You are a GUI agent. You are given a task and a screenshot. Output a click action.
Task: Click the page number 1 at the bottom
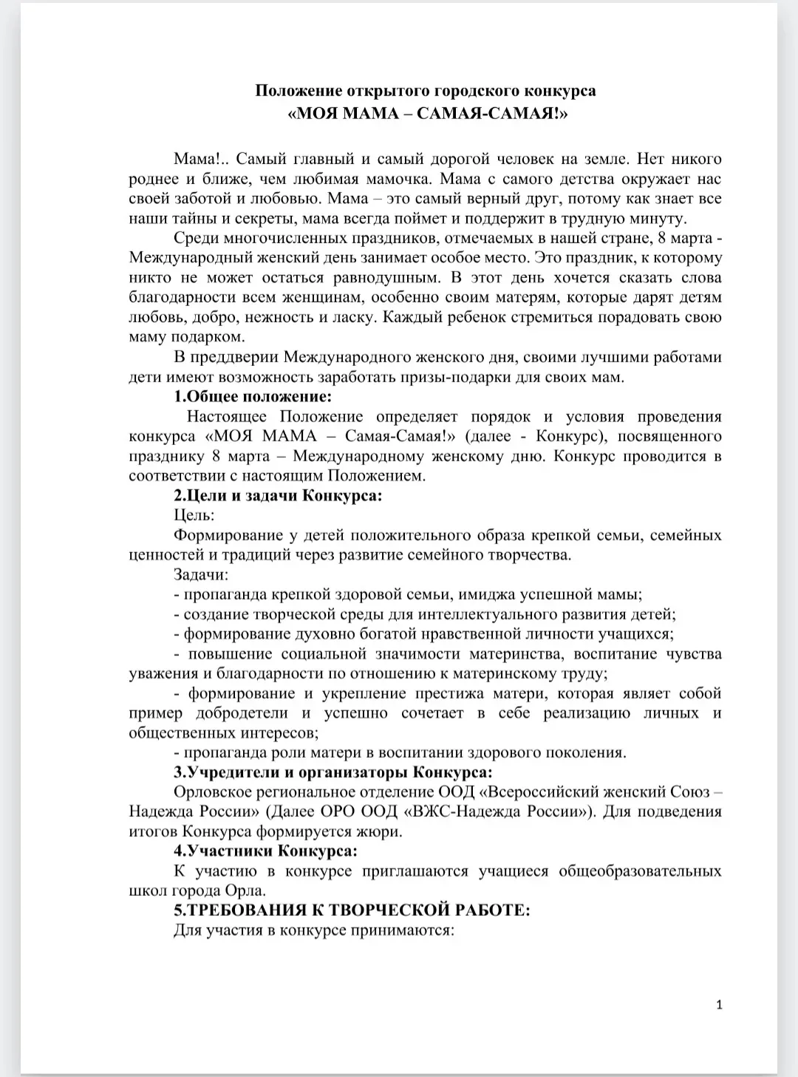click(x=719, y=1005)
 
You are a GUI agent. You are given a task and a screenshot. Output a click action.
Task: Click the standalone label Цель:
click(x=194, y=515)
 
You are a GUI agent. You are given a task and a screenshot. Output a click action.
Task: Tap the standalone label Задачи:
click(x=201, y=574)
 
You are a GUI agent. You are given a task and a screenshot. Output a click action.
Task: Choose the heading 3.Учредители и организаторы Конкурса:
click(x=332, y=772)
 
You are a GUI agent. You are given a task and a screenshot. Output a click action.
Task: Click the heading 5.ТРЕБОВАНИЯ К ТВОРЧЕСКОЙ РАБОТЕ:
click(x=352, y=910)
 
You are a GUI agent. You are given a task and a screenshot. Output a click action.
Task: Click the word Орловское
click(x=211, y=792)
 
